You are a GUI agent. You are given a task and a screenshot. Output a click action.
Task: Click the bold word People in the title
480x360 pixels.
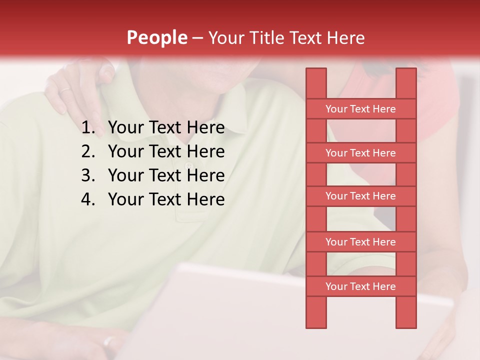point(156,37)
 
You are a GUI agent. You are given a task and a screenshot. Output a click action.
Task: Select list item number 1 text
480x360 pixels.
point(166,128)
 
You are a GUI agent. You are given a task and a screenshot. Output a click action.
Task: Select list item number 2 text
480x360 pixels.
point(166,151)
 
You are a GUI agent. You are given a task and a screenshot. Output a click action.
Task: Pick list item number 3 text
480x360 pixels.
point(166,175)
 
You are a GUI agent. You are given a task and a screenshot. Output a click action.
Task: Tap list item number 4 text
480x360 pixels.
point(166,199)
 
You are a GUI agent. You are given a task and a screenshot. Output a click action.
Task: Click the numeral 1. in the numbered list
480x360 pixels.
point(88,128)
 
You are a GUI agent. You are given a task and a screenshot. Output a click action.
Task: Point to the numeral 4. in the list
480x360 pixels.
point(88,199)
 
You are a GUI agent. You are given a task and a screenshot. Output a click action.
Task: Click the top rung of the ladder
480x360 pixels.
point(360,109)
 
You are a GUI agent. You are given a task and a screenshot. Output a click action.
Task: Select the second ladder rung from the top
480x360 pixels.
point(360,153)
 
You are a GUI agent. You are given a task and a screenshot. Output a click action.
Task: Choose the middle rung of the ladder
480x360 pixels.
point(360,196)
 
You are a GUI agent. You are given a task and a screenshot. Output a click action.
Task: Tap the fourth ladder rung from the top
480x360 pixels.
point(360,242)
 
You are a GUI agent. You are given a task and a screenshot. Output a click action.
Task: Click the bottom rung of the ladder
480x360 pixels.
point(360,286)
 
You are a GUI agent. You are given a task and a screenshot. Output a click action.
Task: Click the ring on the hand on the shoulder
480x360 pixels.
point(65,90)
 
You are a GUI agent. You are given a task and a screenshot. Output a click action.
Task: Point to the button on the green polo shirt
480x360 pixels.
point(188,165)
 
